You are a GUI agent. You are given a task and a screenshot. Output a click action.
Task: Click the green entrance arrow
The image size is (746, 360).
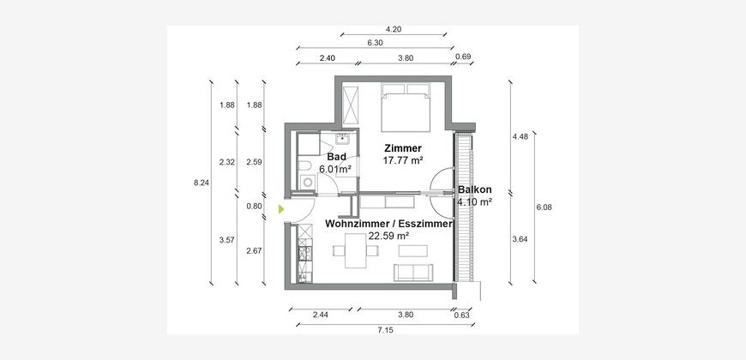click(x=281, y=209)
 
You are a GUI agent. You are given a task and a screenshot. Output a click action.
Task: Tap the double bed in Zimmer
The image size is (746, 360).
click(x=406, y=107)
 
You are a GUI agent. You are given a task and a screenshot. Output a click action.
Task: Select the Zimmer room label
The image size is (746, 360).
click(x=403, y=149)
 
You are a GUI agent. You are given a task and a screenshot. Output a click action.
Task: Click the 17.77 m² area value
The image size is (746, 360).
click(x=403, y=161)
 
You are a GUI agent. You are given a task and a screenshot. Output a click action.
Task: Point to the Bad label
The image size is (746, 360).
click(x=336, y=157)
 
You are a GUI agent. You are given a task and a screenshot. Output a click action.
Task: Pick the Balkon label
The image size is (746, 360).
click(x=475, y=189)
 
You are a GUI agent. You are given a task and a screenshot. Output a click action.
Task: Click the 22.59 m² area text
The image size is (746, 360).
click(x=389, y=236)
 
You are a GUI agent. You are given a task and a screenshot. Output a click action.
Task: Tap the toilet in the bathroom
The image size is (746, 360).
click(x=304, y=165)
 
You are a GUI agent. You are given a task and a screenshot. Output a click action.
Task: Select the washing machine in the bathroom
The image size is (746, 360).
click(x=307, y=182)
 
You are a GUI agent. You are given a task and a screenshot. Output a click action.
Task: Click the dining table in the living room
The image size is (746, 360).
click(x=355, y=250)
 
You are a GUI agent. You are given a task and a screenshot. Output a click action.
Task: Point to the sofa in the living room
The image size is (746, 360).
click(x=413, y=273)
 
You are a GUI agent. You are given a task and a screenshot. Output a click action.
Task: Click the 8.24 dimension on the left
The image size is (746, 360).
click(x=202, y=182)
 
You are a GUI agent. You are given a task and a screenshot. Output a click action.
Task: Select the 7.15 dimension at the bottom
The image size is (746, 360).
click(x=385, y=330)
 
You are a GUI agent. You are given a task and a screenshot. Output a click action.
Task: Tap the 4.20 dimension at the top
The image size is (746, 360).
click(x=394, y=29)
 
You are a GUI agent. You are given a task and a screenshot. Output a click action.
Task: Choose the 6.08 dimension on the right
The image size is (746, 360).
click(x=544, y=207)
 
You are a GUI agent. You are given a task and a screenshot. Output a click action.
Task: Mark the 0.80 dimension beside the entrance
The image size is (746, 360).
click(x=255, y=207)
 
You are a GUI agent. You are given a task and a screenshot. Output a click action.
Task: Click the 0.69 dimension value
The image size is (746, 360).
click(x=463, y=57)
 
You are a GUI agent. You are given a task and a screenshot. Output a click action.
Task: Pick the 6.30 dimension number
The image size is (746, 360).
click(x=376, y=43)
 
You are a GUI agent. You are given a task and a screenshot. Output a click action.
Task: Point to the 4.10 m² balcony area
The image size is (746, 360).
click(x=474, y=201)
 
